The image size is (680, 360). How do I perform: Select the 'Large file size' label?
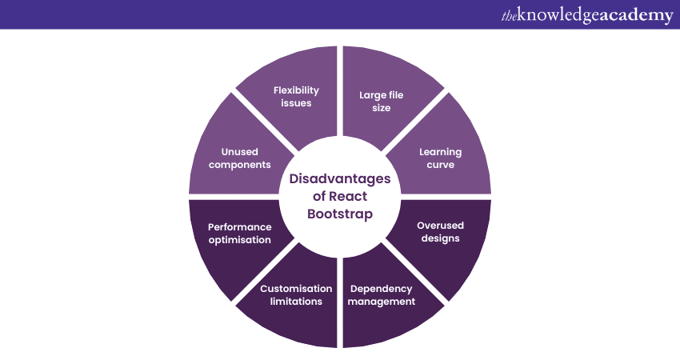pyautogui.click(x=381, y=101)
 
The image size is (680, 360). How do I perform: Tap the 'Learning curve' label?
pyautogui.click(x=441, y=158)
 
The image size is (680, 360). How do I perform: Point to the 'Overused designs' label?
pyautogui.click(x=439, y=232)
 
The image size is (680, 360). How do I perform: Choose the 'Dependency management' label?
pyautogui.click(x=382, y=294)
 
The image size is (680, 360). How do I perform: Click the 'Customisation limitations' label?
pyautogui.click(x=295, y=294)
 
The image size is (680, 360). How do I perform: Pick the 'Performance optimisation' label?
pyautogui.click(x=240, y=233)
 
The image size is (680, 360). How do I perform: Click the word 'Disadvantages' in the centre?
pyautogui.click(x=340, y=178)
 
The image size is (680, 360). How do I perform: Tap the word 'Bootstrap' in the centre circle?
pyautogui.click(x=340, y=214)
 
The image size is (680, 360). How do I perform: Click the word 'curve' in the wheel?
pyautogui.click(x=441, y=165)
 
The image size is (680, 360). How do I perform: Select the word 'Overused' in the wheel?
pyautogui.click(x=440, y=226)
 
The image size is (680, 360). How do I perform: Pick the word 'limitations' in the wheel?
pyautogui.click(x=295, y=302)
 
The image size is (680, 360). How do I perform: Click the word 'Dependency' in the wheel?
pyautogui.click(x=382, y=288)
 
